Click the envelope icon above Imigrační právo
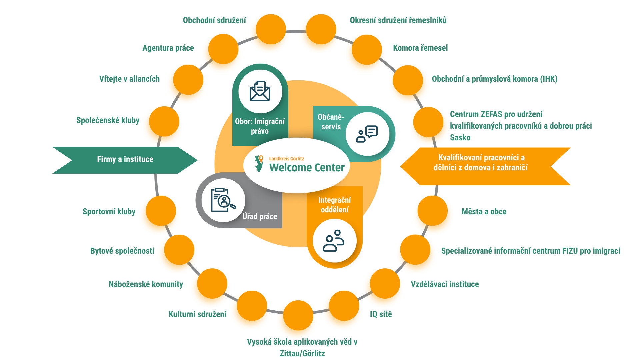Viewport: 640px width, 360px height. [260, 91]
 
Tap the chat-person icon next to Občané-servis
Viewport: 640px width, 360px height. [367, 134]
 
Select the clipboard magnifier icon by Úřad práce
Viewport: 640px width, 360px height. [223, 200]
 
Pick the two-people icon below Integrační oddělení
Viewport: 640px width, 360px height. [334, 241]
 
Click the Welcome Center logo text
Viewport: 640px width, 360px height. [307, 167]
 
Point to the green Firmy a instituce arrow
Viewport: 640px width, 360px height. [125, 160]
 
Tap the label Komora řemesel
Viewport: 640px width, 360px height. [420, 48]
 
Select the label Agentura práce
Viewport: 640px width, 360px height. [168, 48]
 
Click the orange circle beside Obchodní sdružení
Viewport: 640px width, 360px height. [271, 29]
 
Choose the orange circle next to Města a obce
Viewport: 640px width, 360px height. [432, 211]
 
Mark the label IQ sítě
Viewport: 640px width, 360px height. [381, 314]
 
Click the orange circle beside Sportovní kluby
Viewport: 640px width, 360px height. [161, 211]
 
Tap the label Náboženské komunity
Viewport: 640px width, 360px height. [146, 284]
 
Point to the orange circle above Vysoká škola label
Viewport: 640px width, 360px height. [298, 315]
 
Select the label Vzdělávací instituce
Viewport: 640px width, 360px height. [445, 284]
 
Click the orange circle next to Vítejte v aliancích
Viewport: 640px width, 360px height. [188, 80]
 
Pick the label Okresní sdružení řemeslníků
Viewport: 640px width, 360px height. [398, 20]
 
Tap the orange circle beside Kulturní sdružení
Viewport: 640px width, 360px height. [252, 306]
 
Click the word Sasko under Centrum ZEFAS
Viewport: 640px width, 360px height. [460, 138]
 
